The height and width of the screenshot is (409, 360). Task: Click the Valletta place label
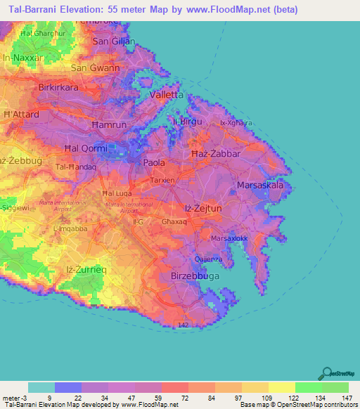[x=166, y=94]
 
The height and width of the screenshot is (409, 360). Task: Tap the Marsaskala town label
[x=260, y=186]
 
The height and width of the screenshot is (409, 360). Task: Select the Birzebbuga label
[x=195, y=277]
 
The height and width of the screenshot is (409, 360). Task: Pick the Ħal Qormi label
[x=86, y=148]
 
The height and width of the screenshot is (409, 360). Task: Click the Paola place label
[x=154, y=162]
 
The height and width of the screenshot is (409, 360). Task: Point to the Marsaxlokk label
[x=229, y=238]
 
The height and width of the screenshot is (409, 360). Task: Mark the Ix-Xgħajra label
[x=236, y=123]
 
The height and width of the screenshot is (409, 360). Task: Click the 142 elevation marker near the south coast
[x=183, y=326]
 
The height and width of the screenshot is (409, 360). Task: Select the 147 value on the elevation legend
[x=346, y=398]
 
